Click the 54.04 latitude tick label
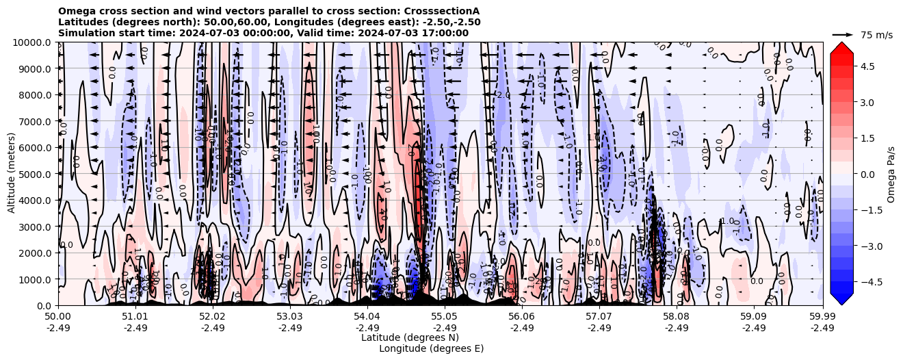pos(367,317)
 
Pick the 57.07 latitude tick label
pos(599,317)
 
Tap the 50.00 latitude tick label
pos(58,317)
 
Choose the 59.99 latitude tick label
pos(822,317)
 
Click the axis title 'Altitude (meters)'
pos(12,174)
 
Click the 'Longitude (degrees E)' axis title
pos(431,348)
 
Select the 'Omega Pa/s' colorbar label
pos(891,174)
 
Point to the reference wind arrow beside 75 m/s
pos(843,34)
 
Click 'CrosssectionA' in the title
pos(442,12)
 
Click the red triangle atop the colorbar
pos(841,47)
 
